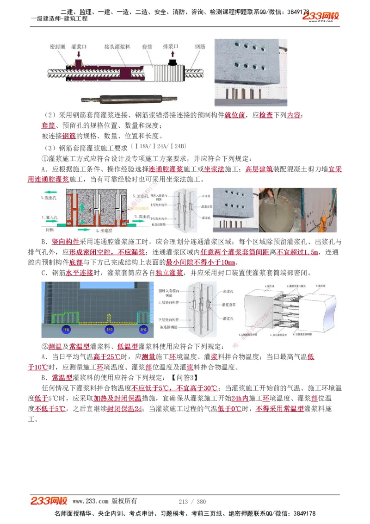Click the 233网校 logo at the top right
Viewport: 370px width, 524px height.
[321, 17]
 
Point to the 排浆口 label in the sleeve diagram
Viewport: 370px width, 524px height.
[172, 47]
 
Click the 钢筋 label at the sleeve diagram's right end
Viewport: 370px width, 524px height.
[200, 47]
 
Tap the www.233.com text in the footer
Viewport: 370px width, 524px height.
[90, 501]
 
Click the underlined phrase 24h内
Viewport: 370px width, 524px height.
[240, 398]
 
